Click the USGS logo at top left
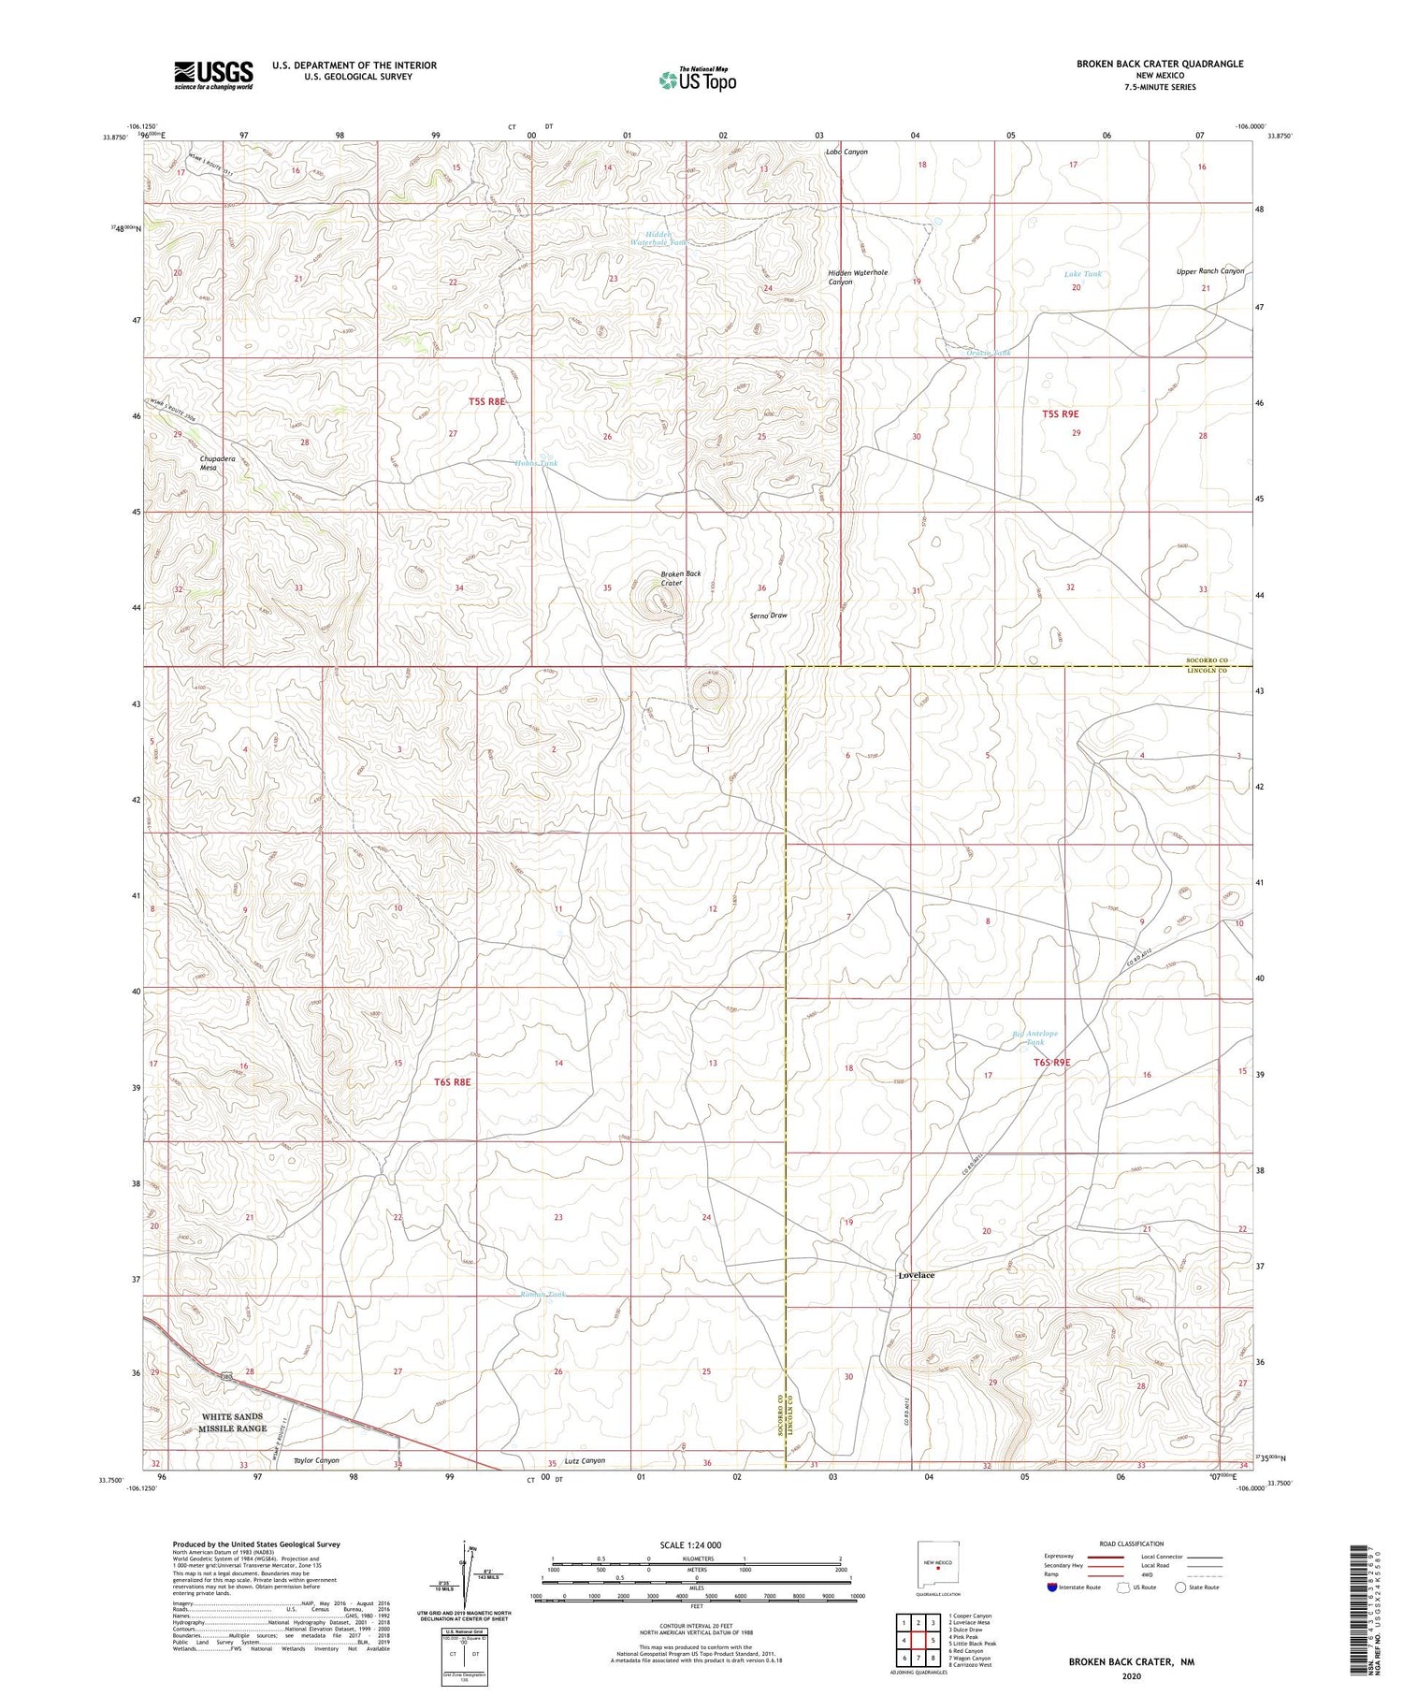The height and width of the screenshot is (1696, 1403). pos(213,75)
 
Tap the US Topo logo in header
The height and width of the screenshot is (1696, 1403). pos(698,80)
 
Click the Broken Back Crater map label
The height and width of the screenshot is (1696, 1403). pos(680,578)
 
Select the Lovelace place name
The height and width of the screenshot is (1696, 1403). pos(916,1275)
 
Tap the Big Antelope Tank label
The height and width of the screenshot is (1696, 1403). pos(1034,1037)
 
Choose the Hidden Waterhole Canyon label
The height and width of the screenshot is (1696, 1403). pos(857,277)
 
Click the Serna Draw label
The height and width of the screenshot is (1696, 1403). pos(769,616)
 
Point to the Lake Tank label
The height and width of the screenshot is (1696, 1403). pos(1083,274)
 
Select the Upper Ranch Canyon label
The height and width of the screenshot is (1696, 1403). pos(1210,271)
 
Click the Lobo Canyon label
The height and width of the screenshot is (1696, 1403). pos(846,152)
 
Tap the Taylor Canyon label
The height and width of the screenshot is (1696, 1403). pos(316,1460)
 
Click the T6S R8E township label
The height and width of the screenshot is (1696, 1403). pos(452,1081)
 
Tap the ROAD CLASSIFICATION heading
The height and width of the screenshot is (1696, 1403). pos(1132,1544)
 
